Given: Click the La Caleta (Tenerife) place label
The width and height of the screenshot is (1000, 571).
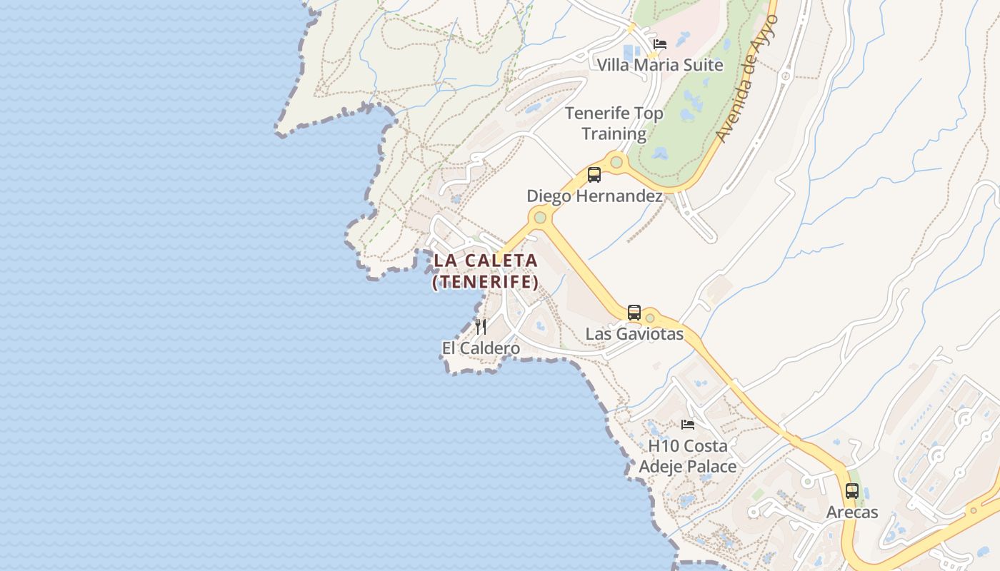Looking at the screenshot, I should (486, 271).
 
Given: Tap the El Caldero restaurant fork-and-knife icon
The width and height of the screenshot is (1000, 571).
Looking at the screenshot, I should (481, 327).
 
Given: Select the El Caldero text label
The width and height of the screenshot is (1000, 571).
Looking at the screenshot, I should (481, 348).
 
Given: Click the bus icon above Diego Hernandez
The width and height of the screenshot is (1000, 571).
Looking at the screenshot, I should (594, 175).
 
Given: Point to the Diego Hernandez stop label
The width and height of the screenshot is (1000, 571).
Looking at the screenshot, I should (594, 196).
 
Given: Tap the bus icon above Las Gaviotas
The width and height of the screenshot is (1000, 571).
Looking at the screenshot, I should (634, 313).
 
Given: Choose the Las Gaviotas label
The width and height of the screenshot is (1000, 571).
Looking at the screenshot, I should (634, 334).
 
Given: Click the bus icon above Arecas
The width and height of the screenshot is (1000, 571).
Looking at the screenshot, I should (852, 491).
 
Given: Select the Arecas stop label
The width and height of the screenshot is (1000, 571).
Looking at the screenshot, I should (852, 512).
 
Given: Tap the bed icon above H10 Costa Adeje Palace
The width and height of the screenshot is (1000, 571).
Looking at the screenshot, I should (688, 425).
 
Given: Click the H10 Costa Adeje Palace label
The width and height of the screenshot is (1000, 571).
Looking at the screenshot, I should (688, 456).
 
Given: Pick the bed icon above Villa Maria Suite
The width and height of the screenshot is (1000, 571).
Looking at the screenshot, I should (660, 44).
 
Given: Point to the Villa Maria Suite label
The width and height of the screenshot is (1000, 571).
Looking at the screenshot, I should (660, 65).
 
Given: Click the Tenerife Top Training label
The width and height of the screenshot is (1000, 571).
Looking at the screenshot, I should (614, 123).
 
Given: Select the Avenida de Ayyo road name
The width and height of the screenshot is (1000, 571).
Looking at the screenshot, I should (746, 79).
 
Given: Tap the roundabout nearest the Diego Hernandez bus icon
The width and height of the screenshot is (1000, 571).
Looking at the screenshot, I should (616, 162).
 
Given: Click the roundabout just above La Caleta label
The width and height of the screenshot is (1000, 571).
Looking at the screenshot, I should (540, 217).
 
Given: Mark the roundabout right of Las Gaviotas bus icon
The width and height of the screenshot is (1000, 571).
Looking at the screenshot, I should (649, 318).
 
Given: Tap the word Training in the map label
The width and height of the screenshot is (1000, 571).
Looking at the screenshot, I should (614, 133).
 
